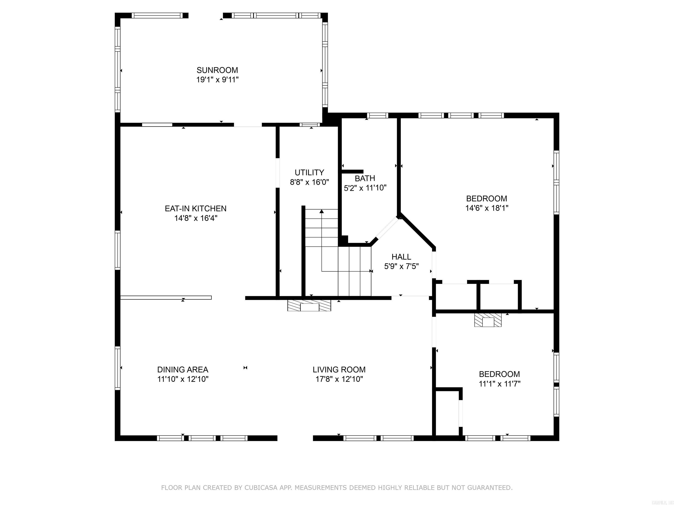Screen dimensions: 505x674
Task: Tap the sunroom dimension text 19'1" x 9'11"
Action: click(x=217, y=80)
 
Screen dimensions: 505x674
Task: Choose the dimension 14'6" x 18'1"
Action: click(x=487, y=208)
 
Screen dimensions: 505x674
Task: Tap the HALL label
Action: click(x=401, y=257)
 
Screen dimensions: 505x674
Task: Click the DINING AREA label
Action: click(x=183, y=370)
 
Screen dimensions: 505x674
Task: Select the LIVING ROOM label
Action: click(x=339, y=370)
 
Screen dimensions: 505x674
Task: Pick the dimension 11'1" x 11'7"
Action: click(x=499, y=384)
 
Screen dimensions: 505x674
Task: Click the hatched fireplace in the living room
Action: click(x=309, y=306)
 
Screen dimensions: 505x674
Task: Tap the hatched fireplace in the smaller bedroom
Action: click(x=488, y=320)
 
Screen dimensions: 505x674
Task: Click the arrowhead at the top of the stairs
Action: click(x=321, y=211)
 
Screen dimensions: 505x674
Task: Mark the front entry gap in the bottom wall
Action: click(x=295, y=438)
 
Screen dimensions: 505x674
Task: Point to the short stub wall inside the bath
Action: click(x=353, y=171)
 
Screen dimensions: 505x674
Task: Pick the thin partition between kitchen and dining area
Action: click(x=166, y=297)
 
